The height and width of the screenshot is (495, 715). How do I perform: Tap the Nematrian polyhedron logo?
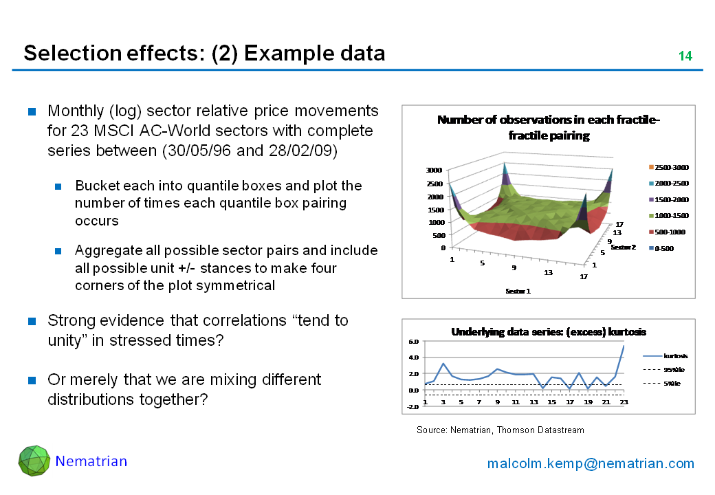34,461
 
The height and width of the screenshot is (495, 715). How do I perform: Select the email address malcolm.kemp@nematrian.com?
591,463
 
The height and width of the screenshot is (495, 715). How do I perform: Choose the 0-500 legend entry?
664,248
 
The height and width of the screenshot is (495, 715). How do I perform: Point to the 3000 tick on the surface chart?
434,170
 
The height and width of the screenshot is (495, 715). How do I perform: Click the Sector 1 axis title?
518,291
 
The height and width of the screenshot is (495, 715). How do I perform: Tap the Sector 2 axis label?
623,247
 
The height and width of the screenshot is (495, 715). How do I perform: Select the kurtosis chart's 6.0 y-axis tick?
413,341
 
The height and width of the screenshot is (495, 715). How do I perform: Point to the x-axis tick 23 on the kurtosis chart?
624,402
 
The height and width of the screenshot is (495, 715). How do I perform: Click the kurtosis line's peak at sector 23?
624,346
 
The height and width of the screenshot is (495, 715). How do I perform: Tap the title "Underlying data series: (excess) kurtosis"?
548,331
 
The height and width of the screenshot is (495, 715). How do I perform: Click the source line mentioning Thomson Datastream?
500,430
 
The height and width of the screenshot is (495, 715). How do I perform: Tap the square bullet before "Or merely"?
32,380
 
